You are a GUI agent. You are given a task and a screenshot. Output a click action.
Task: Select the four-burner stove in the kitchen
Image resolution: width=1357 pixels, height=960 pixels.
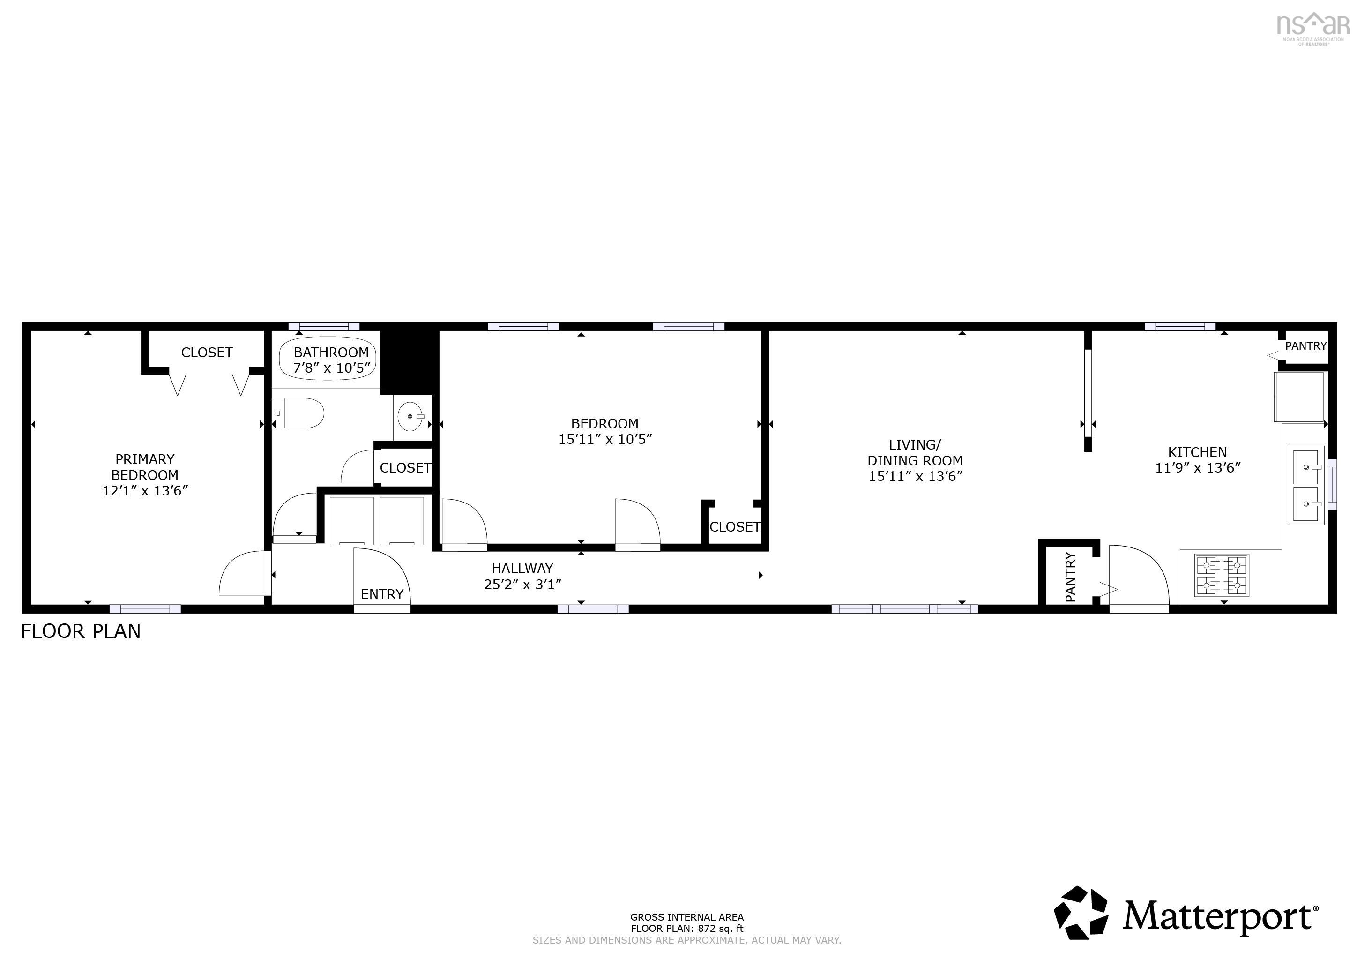1222,575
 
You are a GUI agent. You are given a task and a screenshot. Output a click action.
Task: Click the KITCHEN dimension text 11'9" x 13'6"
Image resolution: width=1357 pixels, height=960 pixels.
1197,468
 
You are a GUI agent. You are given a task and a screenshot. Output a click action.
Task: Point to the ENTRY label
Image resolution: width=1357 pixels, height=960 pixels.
382,594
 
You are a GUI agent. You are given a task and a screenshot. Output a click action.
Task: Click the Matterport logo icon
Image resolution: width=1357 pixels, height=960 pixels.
1081,913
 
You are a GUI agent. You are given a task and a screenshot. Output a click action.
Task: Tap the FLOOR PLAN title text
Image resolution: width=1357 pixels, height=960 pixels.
81,631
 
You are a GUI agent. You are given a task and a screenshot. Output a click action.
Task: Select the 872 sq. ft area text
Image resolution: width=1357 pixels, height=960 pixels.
687,929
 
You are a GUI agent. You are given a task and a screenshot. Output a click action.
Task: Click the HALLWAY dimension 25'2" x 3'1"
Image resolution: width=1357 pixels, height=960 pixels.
522,584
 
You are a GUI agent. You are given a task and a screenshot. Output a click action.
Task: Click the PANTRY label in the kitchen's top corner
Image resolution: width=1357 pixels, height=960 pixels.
1305,346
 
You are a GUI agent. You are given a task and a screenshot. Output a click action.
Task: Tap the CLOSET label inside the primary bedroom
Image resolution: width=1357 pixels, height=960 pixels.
207,352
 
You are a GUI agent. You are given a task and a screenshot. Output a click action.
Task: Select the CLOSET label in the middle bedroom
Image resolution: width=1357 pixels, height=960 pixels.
735,527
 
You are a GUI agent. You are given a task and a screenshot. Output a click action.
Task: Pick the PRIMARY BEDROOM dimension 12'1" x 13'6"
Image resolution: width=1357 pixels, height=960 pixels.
145,491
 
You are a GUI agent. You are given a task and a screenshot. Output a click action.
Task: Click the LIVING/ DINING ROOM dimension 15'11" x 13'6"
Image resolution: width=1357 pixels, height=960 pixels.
915,476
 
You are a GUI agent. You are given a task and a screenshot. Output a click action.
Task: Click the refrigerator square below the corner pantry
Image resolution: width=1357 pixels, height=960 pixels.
1299,396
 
